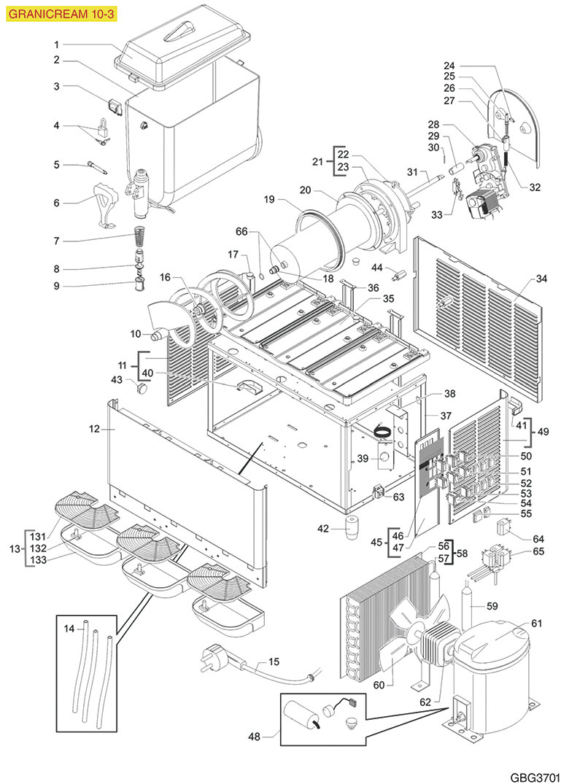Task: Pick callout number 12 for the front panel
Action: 93,430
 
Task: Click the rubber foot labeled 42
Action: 354,527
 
